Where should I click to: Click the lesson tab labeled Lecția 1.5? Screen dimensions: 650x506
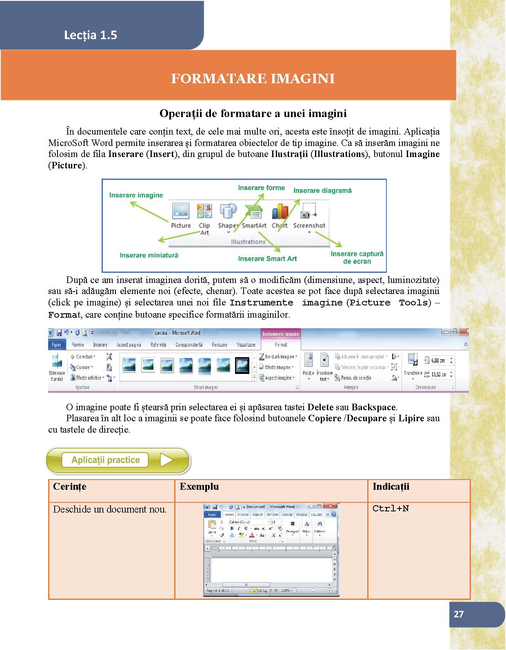[91, 35]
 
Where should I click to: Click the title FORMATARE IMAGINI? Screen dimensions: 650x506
[253, 78]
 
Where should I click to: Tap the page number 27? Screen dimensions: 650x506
[459, 614]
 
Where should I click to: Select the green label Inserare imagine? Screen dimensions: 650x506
[136, 195]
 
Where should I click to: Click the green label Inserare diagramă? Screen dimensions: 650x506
[322, 190]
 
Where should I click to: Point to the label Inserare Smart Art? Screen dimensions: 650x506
[267, 259]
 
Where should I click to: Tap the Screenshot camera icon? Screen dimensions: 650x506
[309, 211]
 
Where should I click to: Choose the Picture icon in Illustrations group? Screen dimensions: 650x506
[180, 211]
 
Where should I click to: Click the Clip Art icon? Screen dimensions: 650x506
[204, 211]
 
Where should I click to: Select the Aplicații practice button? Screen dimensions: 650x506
[118, 460]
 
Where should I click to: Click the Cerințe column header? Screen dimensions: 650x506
[70, 486]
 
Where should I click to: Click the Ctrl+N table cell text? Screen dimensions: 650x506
[391, 509]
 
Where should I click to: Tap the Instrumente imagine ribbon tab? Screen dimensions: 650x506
[281, 334]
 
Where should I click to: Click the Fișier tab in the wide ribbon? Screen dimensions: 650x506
[56, 345]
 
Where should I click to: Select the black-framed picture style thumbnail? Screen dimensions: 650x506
[242, 365]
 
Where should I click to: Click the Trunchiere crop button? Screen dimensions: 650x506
[412, 365]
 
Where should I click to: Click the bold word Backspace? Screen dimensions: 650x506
[373, 407]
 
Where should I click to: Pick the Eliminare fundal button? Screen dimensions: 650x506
[57, 367]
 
